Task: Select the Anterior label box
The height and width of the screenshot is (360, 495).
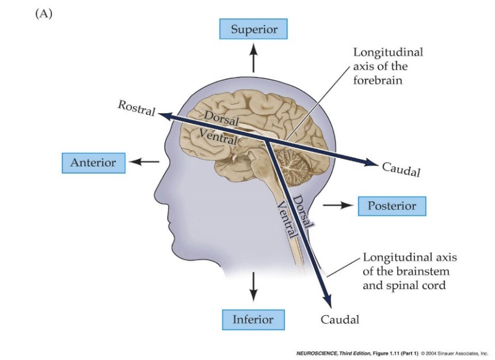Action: [x=94, y=163]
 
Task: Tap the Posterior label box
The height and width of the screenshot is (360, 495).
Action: [x=391, y=206]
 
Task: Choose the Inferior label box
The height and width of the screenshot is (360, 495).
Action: [x=252, y=319]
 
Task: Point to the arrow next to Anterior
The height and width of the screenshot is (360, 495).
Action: [x=146, y=162]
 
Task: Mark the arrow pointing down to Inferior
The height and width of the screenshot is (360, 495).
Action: [x=253, y=287]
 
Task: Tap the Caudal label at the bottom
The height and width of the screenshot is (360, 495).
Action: [x=340, y=319]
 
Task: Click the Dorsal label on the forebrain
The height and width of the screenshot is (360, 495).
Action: [x=221, y=117]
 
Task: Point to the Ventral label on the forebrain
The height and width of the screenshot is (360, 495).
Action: [x=218, y=136]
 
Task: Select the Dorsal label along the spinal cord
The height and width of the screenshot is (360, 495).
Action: [x=304, y=212]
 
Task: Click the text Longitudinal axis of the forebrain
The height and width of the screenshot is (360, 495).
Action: [x=388, y=66]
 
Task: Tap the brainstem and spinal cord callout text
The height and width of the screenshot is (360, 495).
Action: [x=404, y=271]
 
